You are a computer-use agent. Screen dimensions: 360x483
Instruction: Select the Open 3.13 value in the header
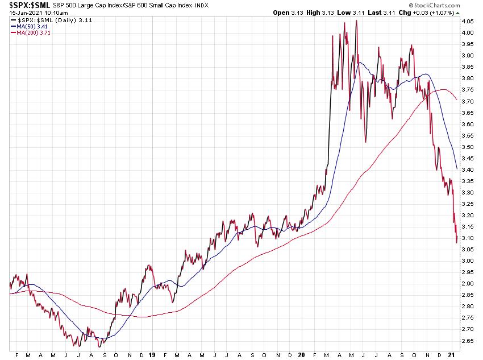coord(289,13)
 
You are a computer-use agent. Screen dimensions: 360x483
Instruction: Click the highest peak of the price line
coord(356,21)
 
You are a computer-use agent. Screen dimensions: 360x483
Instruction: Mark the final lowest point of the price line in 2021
coord(456,242)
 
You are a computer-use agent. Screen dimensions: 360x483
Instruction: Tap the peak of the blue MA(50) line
coord(359,62)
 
